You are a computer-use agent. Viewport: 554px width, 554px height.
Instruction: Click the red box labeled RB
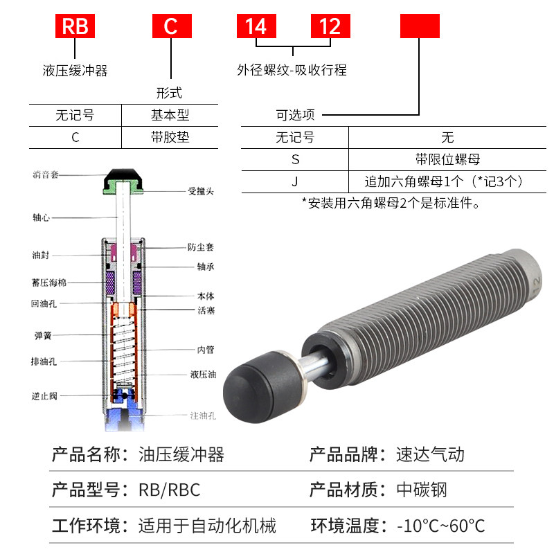click(x=75, y=26)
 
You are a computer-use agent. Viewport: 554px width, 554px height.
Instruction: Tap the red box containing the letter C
click(x=170, y=26)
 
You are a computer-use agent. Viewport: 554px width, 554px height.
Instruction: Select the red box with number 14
click(x=256, y=26)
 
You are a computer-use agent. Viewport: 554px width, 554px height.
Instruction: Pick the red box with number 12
click(x=330, y=26)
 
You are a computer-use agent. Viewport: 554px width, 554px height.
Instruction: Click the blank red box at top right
click(x=420, y=26)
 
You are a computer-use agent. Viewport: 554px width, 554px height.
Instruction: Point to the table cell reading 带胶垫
click(x=170, y=137)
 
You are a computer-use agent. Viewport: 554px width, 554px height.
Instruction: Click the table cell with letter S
click(x=295, y=159)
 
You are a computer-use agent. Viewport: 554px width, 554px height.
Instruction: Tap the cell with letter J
click(x=295, y=181)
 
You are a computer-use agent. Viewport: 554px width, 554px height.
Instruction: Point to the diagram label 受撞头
click(x=200, y=190)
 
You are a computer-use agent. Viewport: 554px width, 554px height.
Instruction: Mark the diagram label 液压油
click(x=203, y=375)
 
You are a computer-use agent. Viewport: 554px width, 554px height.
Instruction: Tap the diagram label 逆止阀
click(x=44, y=395)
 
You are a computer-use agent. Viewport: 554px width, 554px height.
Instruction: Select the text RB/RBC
click(x=169, y=490)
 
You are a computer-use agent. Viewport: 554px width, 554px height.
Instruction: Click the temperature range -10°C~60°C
click(x=440, y=526)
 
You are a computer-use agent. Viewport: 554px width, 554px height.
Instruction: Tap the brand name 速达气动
click(x=430, y=454)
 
